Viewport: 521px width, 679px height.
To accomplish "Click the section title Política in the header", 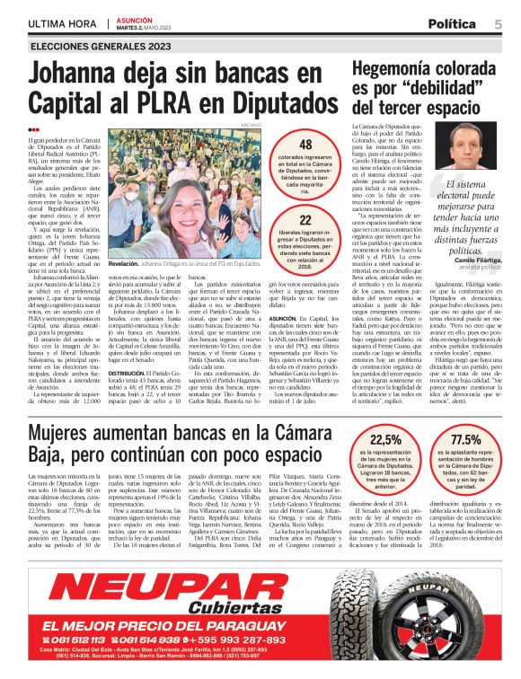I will (457, 23).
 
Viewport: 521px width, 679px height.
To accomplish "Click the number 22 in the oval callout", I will (305, 220).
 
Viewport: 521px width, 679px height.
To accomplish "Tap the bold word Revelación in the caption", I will (128, 266).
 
